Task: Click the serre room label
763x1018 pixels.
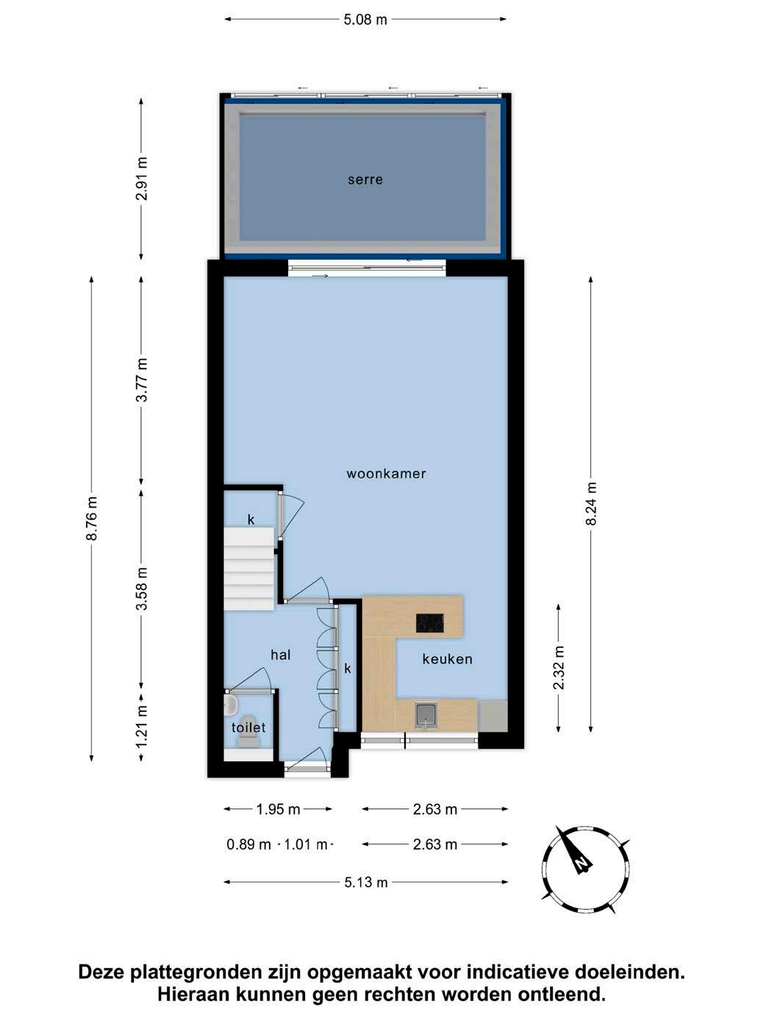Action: point(365,179)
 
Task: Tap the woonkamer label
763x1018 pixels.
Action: point(386,474)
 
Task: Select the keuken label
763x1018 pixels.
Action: point(447,659)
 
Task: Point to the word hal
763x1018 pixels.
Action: point(280,655)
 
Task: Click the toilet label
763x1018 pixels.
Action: point(248,727)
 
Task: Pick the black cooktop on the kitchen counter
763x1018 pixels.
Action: point(429,623)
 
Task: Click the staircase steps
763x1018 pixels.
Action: point(250,568)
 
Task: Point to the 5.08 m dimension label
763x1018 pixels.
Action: point(365,20)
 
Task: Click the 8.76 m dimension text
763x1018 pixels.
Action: point(92,519)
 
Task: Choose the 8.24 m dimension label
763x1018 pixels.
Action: point(591,503)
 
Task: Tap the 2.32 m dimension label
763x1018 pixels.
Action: point(559,667)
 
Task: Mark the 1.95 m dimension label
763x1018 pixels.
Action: point(278,809)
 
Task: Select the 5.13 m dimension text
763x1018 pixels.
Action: point(365,882)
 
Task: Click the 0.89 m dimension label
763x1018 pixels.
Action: point(248,844)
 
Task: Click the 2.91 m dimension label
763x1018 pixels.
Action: point(142,178)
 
